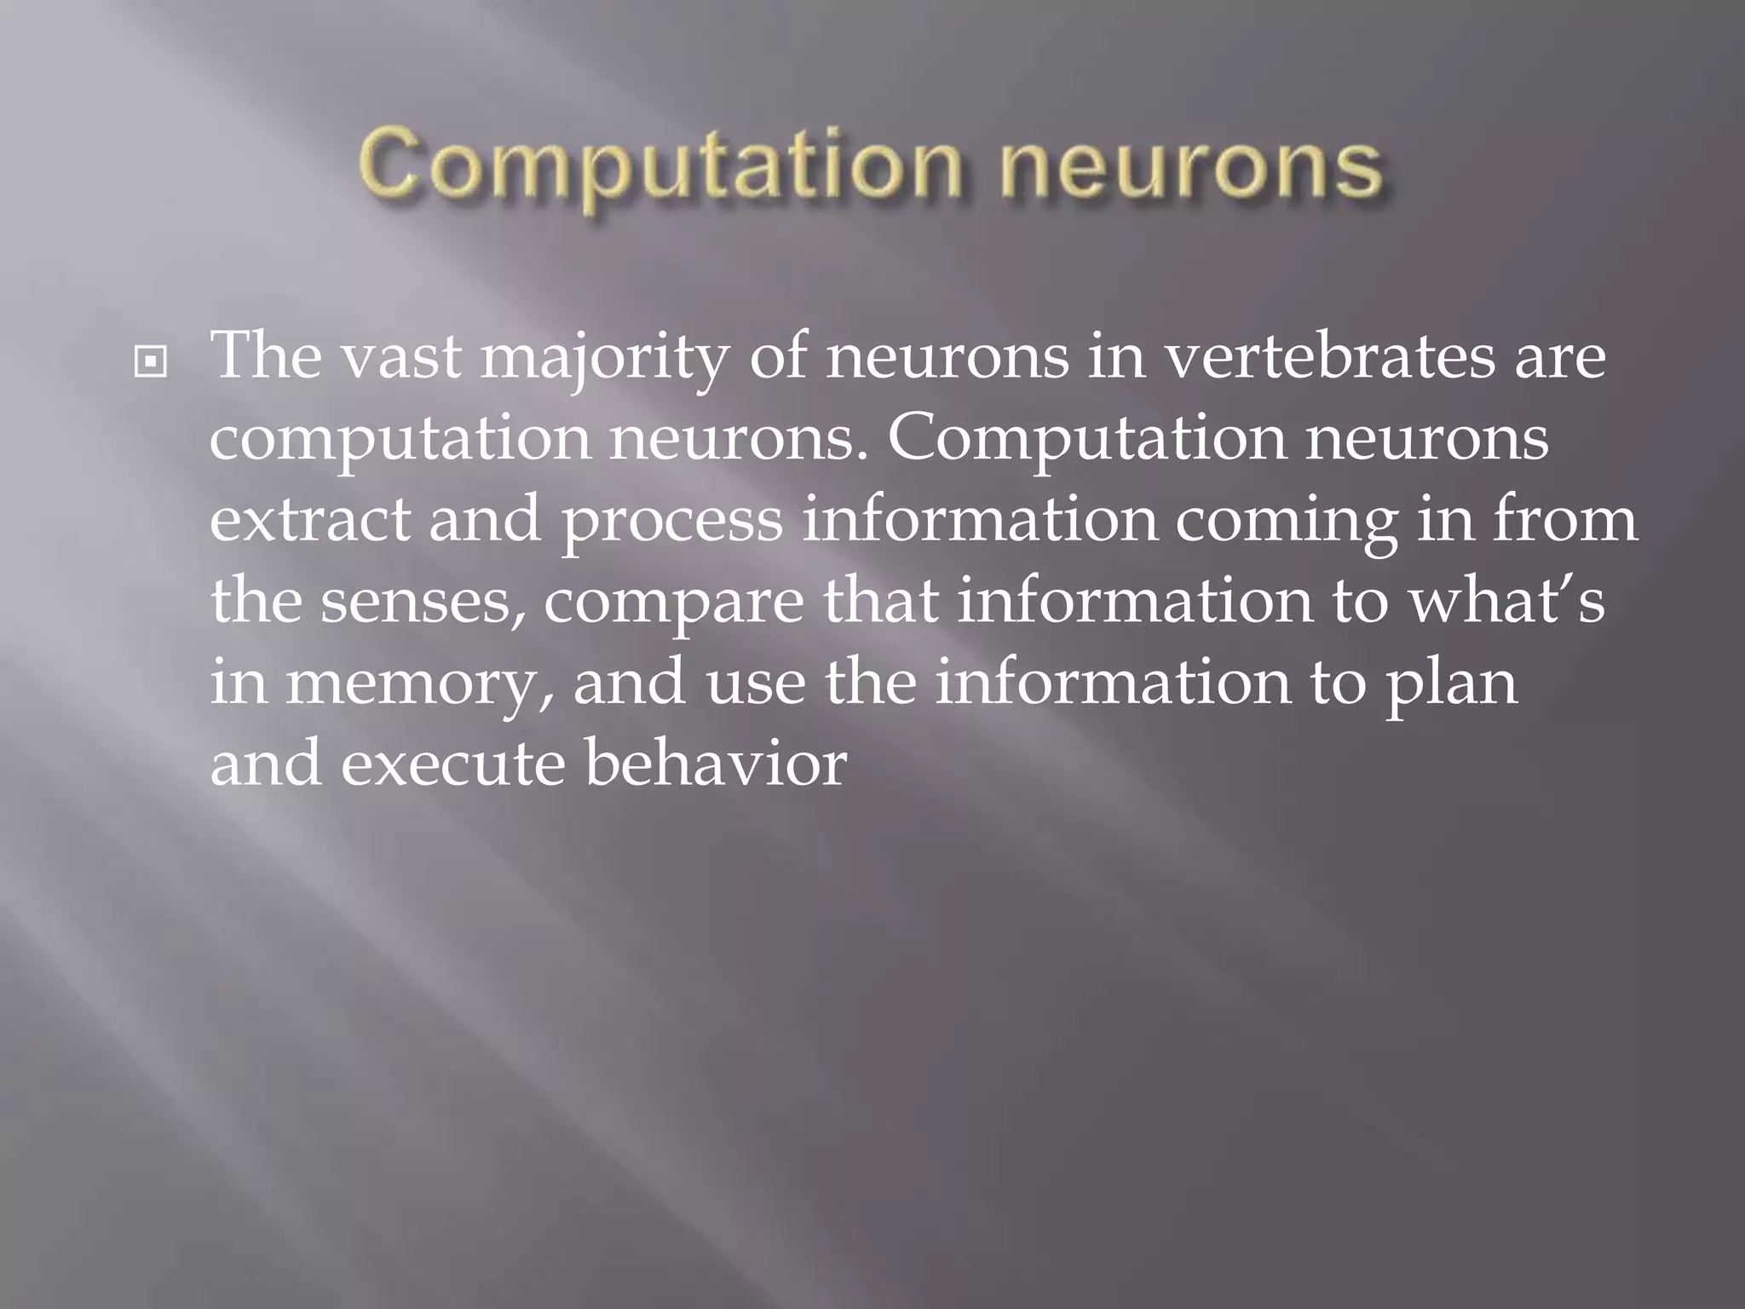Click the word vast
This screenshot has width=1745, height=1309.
400,356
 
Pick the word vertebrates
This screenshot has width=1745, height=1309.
1329,356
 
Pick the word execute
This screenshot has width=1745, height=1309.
452,764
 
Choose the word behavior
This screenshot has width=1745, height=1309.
716,764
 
